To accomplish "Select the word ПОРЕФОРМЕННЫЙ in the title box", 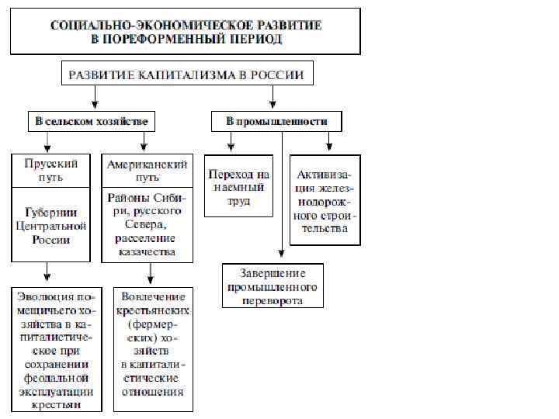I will [x=176, y=38].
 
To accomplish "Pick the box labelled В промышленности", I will [x=276, y=122].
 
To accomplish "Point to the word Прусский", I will [x=49, y=164].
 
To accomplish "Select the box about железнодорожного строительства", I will [x=326, y=200].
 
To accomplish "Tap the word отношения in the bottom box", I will [x=152, y=392].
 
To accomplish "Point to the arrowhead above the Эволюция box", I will [x=48, y=275].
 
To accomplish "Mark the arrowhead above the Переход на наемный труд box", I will [x=231, y=145].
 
